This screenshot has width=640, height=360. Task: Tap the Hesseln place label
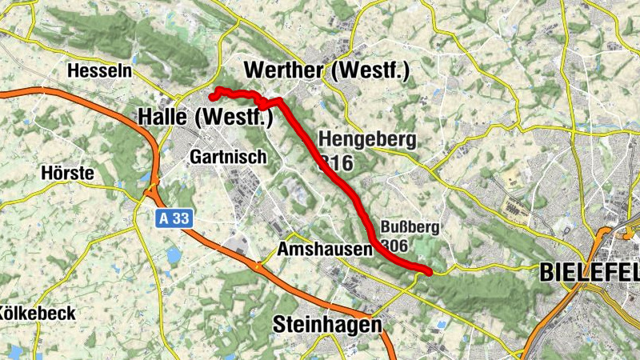click(x=100, y=71)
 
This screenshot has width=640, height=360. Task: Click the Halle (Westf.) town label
click(x=206, y=117)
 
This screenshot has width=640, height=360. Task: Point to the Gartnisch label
click(x=228, y=158)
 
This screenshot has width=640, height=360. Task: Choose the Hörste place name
click(x=67, y=174)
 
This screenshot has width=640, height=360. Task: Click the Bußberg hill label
click(x=410, y=227)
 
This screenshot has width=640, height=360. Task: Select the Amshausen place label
click(x=325, y=250)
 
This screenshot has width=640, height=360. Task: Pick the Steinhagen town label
click(x=327, y=325)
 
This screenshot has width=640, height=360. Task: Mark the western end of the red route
click(x=212, y=97)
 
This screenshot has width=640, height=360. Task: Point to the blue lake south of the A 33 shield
click(x=173, y=256)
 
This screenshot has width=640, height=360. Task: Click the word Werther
click(x=284, y=70)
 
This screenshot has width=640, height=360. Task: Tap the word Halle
click(x=163, y=117)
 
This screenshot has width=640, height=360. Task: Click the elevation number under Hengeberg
click(x=337, y=163)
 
